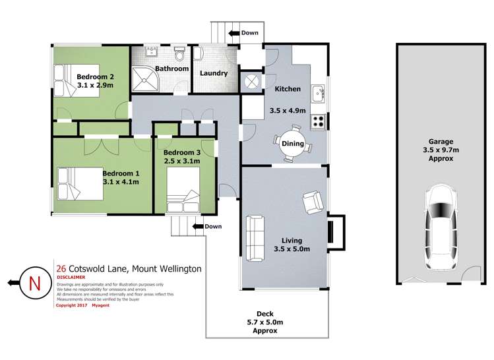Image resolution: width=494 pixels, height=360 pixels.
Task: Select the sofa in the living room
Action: [255, 237]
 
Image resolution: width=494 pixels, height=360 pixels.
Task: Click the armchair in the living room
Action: [312, 202]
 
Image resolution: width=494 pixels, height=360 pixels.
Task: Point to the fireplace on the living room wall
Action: [334, 233]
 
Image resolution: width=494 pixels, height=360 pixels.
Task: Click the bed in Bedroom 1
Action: [79, 183]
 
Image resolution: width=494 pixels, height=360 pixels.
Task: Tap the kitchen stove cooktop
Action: [319, 121]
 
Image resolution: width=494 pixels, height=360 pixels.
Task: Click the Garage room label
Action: [441, 140]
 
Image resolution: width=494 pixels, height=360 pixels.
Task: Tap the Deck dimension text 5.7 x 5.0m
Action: [267, 323]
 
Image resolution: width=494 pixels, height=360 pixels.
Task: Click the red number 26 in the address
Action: [61, 268]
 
